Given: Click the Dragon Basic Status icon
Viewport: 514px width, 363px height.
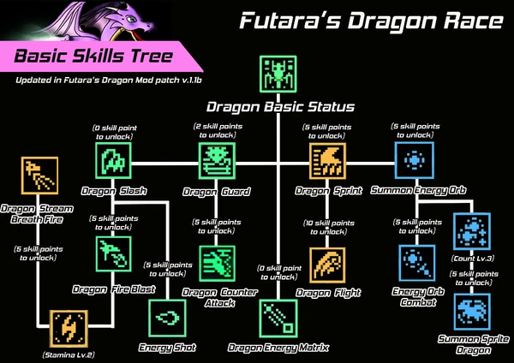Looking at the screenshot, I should tap(278, 77).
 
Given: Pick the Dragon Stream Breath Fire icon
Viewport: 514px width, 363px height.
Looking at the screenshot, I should tap(38, 176).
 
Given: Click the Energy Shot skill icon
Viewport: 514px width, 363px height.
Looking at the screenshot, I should tap(167, 317).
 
